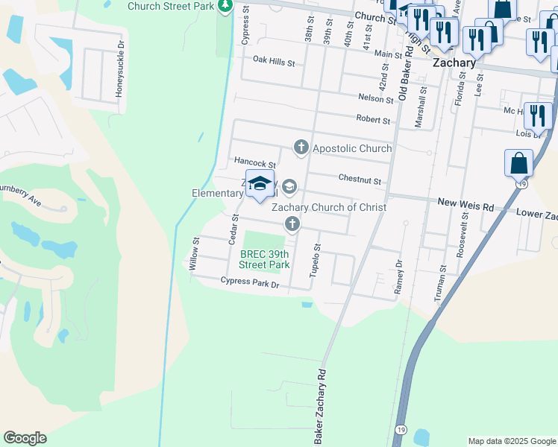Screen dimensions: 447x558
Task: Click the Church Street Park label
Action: click(172, 6)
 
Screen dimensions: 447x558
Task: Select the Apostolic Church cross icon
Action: click(301, 148)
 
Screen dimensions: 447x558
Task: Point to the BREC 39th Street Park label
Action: click(263, 259)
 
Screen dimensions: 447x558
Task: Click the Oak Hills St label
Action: click(274, 60)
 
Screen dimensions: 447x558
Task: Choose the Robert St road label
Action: click(373, 120)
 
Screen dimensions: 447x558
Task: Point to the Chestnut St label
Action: click(360, 180)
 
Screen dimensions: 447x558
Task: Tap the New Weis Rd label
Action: click(465, 203)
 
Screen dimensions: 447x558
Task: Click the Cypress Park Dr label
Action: click(249, 282)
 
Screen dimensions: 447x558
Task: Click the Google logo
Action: click(25, 438)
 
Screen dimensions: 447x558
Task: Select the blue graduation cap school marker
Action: click(260, 183)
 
